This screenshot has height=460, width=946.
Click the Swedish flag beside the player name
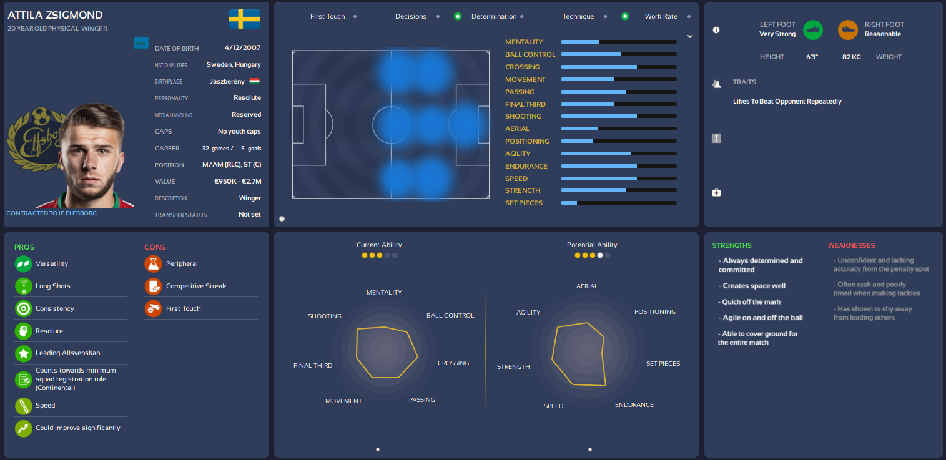pyautogui.click(x=244, y=19)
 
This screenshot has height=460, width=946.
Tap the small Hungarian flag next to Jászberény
pyautogui.click(x=254, y=81)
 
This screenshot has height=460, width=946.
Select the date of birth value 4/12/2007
pyautogui.click(x=243, y=47)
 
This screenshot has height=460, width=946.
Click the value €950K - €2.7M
pyautogui.click(x=237, y=182)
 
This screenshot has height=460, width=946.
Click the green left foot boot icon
pyautogui.click(x=813, y=29)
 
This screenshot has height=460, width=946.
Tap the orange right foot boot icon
pyautogui.click(x=848, y=29)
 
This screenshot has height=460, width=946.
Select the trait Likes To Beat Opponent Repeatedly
pyautogui.click(x=787, y=101)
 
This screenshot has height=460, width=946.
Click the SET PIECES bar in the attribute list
pyautogui.click(x=619, y=203)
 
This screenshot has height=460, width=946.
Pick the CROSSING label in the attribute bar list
pyautogui.click(x=522, y=67)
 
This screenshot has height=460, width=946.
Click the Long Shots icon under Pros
pyautogui.click(x=24, y=286)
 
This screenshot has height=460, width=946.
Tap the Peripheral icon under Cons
pyautogui.click(x=153, y=264)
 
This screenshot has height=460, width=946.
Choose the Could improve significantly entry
pyautogui.click(x=77, y=428)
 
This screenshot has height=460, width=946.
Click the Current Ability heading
pyautogui.click(x=379, y=245)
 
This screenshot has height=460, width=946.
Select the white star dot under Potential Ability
pyautogui.click(x=600, y=255)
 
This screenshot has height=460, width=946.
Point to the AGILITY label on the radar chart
pyautogui.click(x=528, y=312)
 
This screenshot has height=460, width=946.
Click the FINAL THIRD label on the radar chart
pyautogui.click(x=313, y=366)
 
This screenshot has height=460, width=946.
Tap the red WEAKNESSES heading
pyautogui.click(x=851, y=246)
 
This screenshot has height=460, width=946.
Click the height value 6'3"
pyautogui.click(x=812, y=57)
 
